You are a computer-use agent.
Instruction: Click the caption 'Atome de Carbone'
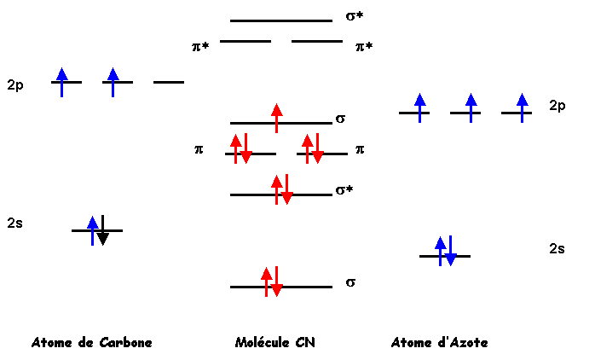pos(92,343)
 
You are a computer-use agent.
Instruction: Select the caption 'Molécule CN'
pos(275,343)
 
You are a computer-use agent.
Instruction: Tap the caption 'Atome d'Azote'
pos(439,343)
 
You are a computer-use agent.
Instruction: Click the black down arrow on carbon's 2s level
pos(103,230)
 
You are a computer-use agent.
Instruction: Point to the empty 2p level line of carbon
pos(169,82)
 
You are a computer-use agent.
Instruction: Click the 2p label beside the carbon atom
pos(15,85)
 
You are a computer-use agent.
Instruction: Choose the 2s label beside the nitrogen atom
pos(557,249)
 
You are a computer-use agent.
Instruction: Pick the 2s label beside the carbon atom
pos(14,223)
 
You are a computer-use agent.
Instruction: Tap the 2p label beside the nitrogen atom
pos(557,105)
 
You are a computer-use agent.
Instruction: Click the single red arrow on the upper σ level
pos(277,118)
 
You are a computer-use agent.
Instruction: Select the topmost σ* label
pos(355,16)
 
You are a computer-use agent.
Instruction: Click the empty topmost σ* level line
pos(281,20)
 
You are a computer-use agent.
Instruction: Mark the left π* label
pos(200,47)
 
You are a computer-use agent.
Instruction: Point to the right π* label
pos(364,47)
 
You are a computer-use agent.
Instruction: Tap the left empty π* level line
pos(246,41)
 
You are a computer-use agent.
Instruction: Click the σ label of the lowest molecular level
pos(350,282)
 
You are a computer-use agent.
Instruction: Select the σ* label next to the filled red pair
pos(344,190)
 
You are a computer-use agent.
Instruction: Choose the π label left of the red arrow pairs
pos(199,149)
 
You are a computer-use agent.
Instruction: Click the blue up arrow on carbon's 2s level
pos(93,231)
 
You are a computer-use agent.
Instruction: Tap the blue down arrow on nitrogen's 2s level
pos(450,251)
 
